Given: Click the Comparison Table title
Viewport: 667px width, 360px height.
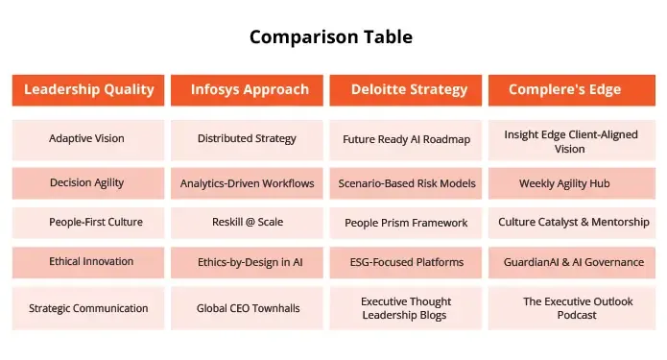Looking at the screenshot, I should tap(331, 37).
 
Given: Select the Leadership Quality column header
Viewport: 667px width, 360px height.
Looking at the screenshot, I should tap(88, 90).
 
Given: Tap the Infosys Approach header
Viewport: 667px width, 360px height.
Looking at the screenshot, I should tap(247, 90).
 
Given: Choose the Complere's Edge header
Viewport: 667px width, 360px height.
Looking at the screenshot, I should tap(564, 90).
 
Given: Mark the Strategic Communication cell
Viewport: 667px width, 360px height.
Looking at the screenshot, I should tap(88, 308).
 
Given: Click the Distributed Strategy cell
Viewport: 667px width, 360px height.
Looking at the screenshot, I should tap(247, 139).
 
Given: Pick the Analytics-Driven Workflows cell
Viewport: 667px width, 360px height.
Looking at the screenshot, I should tap(247, 182).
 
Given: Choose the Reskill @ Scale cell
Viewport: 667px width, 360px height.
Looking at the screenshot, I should tap(247, 222).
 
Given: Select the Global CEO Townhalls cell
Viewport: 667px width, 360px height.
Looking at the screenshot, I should tap(247, 308).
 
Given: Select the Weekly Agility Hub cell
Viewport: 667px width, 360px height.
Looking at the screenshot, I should tap(564, 182).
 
